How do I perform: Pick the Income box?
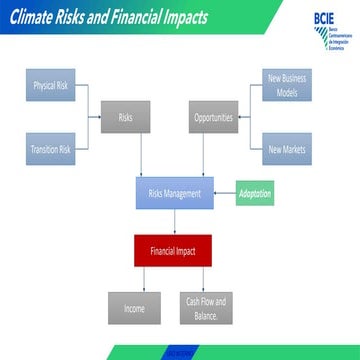134,309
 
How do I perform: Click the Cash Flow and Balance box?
205,309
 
